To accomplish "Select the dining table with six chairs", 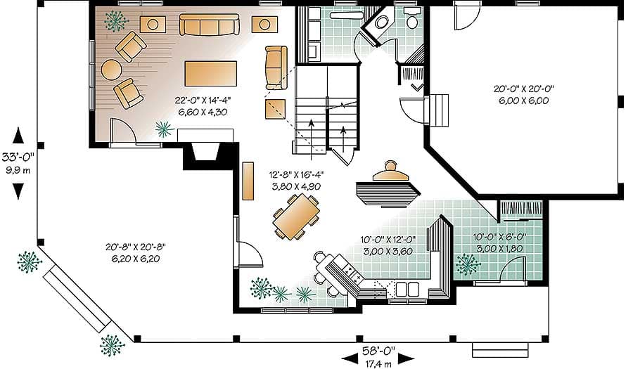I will [295, 215].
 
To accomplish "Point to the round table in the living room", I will [111, 69].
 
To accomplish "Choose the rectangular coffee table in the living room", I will [210, 73].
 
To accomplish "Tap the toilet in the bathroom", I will [412, 20].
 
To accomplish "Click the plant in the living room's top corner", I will [113, 22].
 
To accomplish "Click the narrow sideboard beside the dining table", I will [248, 181].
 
